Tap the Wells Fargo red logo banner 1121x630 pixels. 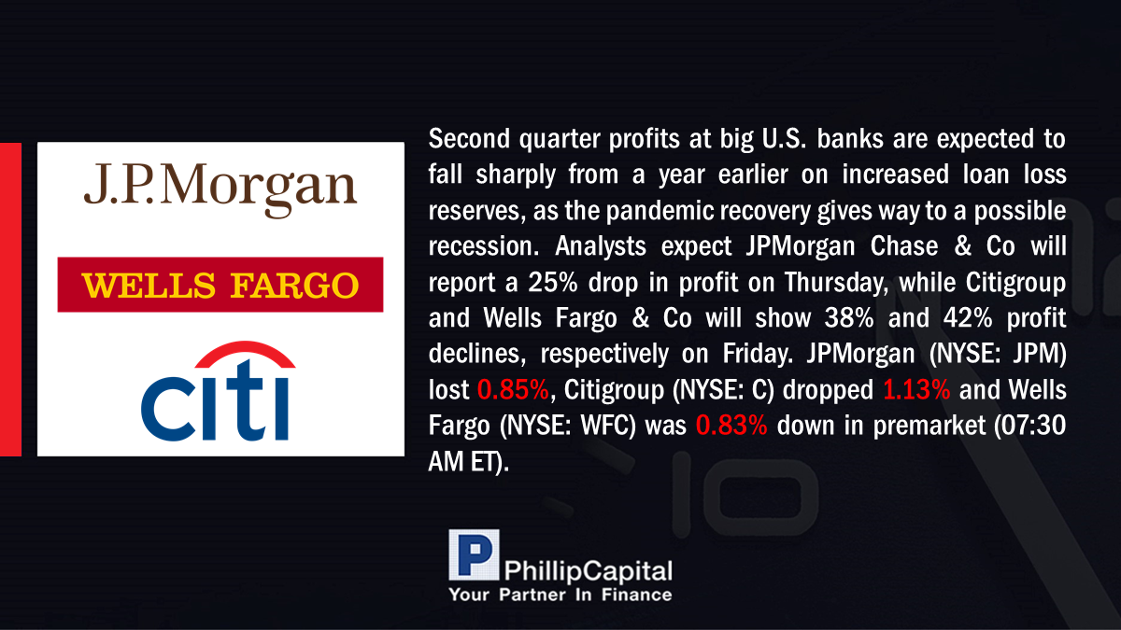[x=220, y=285]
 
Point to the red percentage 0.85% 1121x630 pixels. [x=513, y=389]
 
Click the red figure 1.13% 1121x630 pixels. [x=916, y=389]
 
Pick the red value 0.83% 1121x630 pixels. [x=731, y=426]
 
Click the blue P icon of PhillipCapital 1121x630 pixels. [x=474, y=554]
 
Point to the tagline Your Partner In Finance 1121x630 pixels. [x=560, y=595]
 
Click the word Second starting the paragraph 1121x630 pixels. [x=469, y=138]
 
